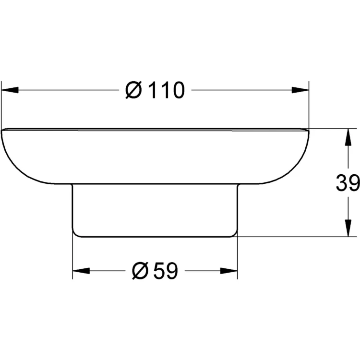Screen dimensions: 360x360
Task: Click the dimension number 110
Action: (167, 90)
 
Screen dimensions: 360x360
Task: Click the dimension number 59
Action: (166, 271)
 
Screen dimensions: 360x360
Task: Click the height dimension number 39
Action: (348, 182)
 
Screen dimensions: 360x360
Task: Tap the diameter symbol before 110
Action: (133, 90)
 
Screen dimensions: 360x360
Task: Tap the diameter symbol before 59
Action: (139, 271)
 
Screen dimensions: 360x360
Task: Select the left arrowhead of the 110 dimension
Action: (10, 90)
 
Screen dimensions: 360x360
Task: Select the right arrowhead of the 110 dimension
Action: (300, 90)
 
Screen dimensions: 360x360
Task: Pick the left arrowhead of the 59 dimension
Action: (81, 271)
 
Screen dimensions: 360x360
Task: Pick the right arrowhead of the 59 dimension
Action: (228, 271)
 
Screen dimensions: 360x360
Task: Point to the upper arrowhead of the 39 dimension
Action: (348, 137)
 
